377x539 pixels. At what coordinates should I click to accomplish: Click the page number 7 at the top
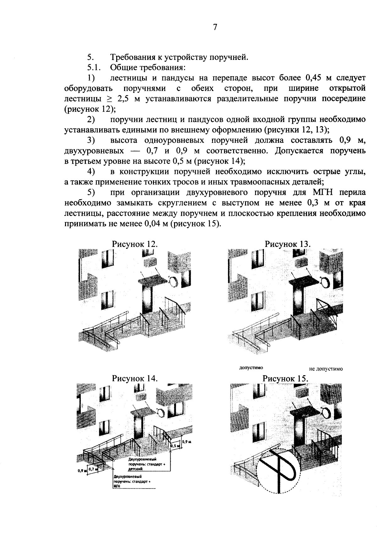point(215,28)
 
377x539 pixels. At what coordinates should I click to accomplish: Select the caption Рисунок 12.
point(134,244)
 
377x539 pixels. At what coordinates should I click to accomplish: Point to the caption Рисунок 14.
point(134,378)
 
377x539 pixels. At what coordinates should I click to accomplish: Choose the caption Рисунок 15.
point(286,378)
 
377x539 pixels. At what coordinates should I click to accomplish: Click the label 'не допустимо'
point(325,369)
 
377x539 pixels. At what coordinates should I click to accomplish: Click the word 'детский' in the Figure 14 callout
point(136,469)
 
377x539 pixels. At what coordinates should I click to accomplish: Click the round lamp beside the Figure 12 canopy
point(173,282)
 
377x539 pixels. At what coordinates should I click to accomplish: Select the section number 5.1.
point(93,67)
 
